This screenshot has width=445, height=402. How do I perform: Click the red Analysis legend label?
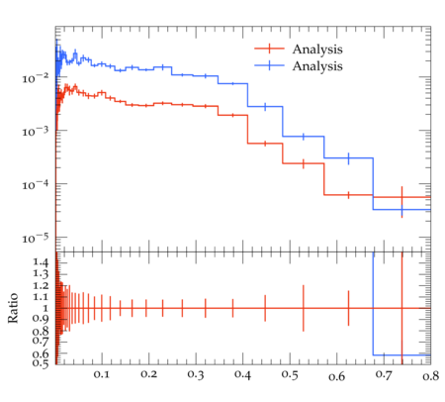click(x=317, y=50)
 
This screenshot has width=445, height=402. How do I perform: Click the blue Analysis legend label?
click(x=317, y=66)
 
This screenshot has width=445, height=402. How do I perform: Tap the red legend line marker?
click(x=269, y=49)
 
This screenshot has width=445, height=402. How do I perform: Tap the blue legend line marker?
click(x=269, y=65)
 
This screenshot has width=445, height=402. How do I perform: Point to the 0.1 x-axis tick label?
click(x=102, y=374)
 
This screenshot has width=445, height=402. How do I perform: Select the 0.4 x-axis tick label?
click(x=242, y=375)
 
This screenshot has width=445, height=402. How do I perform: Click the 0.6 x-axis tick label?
click(x=336, y=376)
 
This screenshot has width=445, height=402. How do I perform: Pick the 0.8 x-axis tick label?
click(x=430, y=376)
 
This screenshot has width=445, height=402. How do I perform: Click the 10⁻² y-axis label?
click(x=35, y=78)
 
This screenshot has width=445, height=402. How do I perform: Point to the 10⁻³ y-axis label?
click(x=35, y=132)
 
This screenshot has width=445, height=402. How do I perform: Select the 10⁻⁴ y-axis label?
click(x=35, y=185)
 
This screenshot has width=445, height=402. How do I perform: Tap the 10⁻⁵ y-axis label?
click(x=35, y=238)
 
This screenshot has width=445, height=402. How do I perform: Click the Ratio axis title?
click(x=13, y=308)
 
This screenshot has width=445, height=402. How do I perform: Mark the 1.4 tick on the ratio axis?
click(x=41, y=262)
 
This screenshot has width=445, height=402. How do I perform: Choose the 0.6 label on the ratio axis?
click(x=41, y=353)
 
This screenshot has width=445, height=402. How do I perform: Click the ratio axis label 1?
click(x=45, y=308)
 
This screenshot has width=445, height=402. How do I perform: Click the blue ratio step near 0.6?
click(x=401, y=355)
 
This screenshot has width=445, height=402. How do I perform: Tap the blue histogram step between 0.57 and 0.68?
click(x=348, y=158)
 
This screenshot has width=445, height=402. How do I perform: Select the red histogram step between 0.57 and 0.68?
click(x=348, y=195)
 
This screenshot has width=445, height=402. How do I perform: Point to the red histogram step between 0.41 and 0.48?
click(x=265, y=144)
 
